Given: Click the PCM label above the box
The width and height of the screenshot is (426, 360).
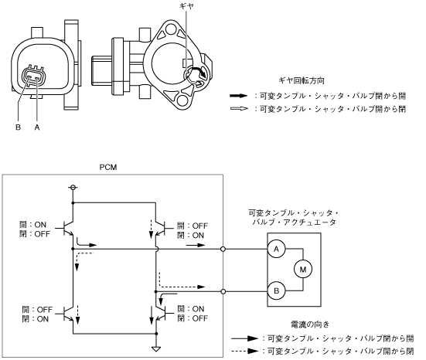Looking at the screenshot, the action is click(x=108, y=167).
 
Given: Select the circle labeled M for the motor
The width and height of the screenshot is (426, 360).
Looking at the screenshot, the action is click(x=302, y=270).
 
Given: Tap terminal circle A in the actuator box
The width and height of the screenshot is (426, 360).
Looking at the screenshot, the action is click(x=276, y=249).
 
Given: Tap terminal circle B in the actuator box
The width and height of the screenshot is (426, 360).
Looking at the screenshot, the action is click(x=276, y=290).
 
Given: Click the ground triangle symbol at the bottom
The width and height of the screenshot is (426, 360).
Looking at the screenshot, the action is click(x=156, y=349).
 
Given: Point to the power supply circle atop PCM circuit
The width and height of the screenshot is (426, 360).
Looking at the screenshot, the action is click(x=73, y=187).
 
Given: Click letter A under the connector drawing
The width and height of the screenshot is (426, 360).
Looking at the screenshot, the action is click(x=37, y=127).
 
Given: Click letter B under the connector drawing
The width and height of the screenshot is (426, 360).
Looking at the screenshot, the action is click(x=19, y=127).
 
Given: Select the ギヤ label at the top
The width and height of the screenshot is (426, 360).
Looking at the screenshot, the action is click(x=186, y=6).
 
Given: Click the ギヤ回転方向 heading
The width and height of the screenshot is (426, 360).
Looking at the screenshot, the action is click(x=302, y=80).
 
